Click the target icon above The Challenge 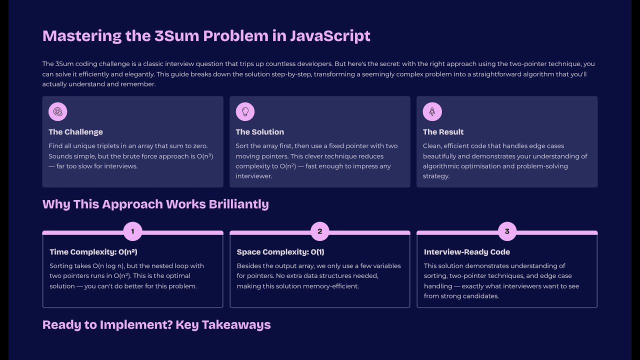58,111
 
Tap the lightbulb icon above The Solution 245,111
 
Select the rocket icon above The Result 432,111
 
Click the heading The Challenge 75,132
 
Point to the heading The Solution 259,132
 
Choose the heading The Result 443,132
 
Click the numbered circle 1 132,231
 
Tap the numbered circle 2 320,231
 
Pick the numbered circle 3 507,231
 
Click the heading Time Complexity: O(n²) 93,252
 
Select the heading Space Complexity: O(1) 280,252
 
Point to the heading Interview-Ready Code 466,252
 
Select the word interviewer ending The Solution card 253,176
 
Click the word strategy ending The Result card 436,176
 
